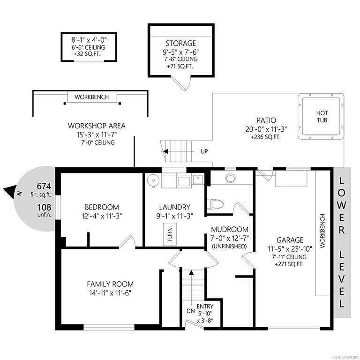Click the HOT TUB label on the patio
coord(322,116)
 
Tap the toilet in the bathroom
coord(215,203)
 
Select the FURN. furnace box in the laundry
coord(170,234)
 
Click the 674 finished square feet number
coord(44,186)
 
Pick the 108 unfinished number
coord(44,207)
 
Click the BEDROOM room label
coord(102,207)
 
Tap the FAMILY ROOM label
coord(110,284)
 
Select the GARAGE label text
coord(290,240)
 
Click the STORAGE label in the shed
coord(181,43)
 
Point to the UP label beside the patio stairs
coord(204,151)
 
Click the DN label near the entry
coord(191,311)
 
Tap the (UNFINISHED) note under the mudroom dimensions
coord(229,247)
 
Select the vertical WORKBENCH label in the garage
coord(322,231)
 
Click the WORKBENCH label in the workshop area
coord(91,97)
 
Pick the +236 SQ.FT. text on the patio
coord(266,137)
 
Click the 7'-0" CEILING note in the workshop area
coord(98,142)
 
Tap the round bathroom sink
coord(231,178)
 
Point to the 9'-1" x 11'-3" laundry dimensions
coord(174,216)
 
